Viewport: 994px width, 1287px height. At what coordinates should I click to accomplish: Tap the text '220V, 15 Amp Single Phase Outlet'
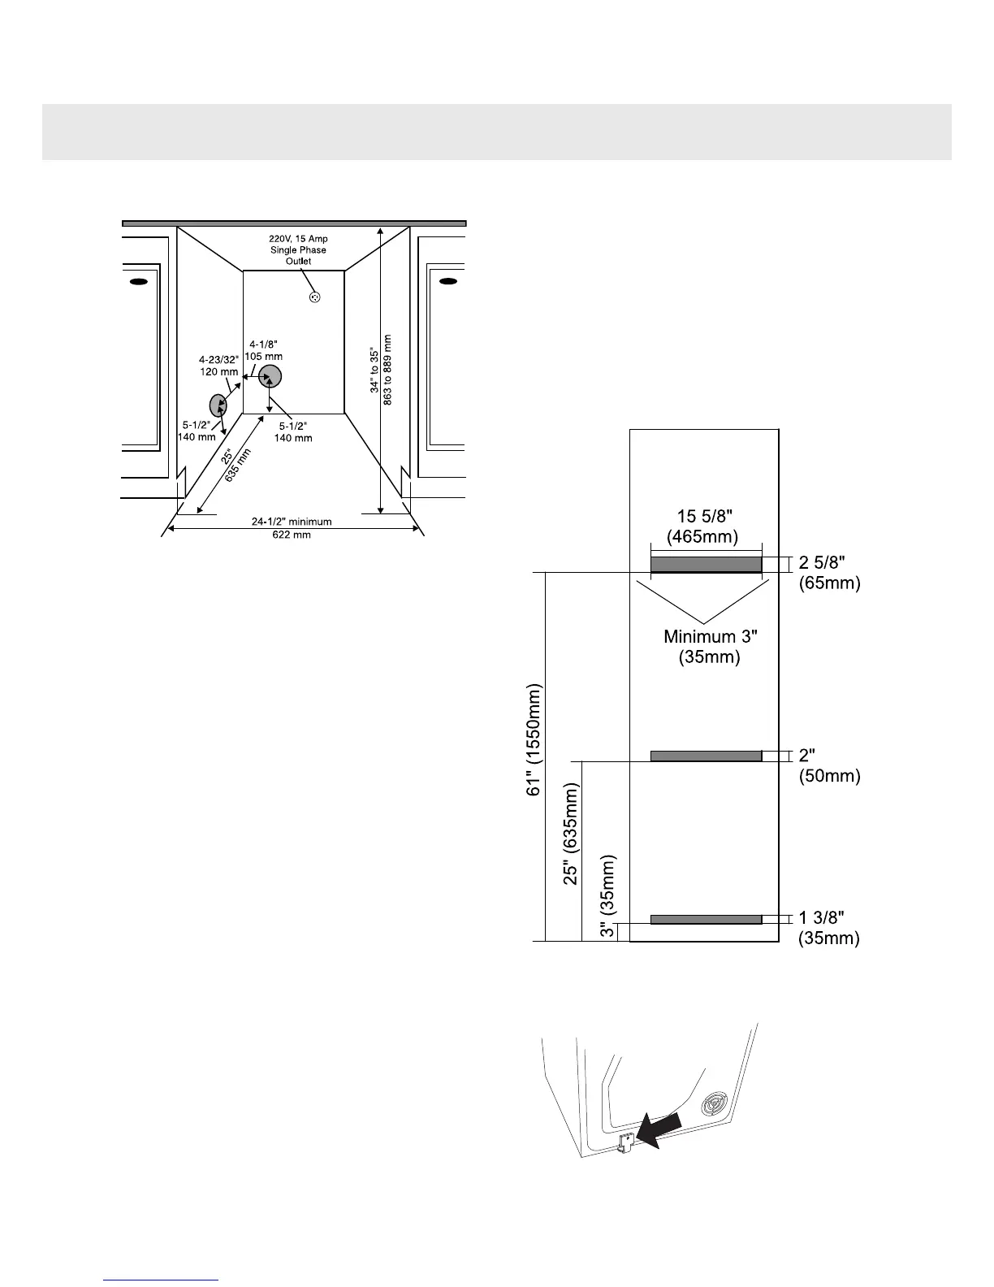point(298,250)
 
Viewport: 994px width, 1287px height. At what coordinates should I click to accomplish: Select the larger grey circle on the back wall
point(270,376)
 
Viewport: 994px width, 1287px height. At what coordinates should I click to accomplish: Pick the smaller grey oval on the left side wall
point(218,404)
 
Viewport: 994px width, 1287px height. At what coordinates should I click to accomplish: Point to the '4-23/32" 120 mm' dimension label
point(218,366)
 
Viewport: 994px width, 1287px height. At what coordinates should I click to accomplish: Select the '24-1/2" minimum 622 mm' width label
point(292,528)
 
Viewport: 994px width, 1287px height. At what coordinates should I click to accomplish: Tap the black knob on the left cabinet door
point(138,281)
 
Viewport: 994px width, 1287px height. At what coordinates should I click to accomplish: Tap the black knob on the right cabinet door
point(447,281)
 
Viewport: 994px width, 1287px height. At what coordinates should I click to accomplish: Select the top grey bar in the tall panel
point(706,564)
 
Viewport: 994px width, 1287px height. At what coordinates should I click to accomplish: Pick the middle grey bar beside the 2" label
point(706,756)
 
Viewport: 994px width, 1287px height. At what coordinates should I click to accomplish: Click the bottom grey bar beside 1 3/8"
point(706,919)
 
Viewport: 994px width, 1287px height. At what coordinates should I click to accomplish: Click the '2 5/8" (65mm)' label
point(829,572)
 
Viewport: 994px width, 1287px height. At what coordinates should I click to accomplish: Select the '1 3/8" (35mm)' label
point(829,928)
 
